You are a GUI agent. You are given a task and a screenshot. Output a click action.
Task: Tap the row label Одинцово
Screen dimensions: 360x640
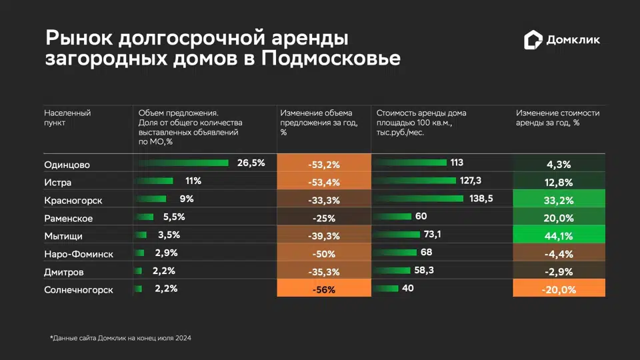[67, 165]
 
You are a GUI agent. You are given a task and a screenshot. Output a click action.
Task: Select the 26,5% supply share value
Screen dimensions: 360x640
[251, 163]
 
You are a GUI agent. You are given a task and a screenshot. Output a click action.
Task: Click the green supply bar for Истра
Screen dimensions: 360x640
[155, 181]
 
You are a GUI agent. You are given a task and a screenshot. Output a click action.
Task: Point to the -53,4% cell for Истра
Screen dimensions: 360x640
[323, 182]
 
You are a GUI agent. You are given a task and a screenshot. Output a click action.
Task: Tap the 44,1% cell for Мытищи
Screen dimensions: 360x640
[559, 235]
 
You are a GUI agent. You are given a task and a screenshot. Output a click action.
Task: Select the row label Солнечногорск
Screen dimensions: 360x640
[79, 290]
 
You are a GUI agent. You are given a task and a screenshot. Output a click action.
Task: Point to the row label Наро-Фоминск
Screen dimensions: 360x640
[79, 254]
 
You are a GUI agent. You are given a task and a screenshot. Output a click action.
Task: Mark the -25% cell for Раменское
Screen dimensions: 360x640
[323, 218]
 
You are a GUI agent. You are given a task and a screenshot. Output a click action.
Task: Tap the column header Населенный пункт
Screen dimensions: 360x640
[67, 118]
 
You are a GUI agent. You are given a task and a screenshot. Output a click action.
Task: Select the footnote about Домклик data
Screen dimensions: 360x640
[121, 339]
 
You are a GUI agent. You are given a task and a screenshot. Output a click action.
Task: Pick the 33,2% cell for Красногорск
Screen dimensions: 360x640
[559, 200]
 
